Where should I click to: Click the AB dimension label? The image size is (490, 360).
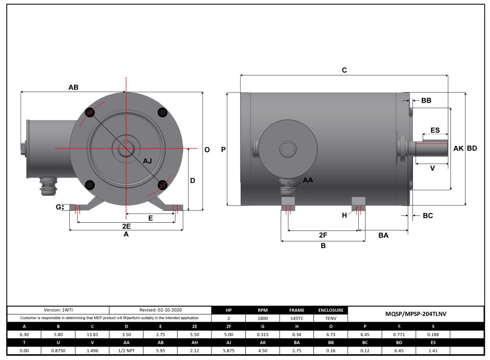coord(73,87)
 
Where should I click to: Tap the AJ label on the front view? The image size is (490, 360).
coord(147,161)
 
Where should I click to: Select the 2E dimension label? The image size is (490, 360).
coord(126,226)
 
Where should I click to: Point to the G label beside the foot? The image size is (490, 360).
coord(58,207)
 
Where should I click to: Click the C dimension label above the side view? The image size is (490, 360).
coord(344,70)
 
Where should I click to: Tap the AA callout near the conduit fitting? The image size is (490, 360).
coord(308,180)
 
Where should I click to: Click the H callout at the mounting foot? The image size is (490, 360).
coord(344,215)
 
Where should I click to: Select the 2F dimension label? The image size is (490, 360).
coord(323,235)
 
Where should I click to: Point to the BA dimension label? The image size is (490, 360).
coord(383,235)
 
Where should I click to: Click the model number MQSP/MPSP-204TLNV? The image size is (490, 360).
coord(416,314)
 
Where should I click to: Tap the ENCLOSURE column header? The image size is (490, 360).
coord(330,310)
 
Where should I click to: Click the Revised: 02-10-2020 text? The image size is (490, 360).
coord(160,310)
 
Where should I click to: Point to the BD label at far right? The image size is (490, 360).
coord(472,148)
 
